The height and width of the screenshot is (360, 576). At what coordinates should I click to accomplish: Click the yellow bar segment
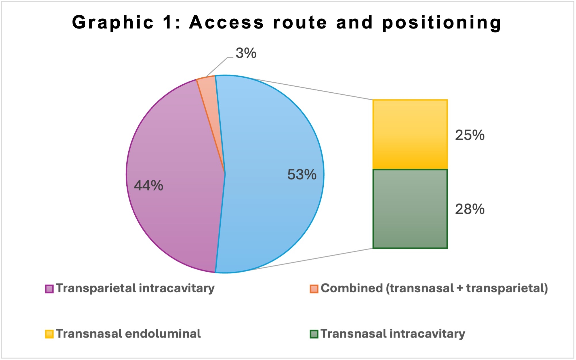[410, 134]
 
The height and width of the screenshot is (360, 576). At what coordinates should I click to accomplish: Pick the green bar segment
[410, 209]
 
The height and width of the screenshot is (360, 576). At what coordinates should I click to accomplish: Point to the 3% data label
[246, 53]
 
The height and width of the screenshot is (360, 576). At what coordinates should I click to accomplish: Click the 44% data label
[148, 185]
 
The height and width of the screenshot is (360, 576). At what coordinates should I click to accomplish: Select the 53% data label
[302, 174]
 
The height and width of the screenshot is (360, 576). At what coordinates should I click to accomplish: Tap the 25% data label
[470, 135]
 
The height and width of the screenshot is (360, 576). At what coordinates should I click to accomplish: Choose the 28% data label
[470, 209]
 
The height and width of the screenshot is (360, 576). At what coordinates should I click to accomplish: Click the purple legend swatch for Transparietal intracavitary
[49, 289]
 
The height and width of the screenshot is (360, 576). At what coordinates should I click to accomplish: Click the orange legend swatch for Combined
[314, 289]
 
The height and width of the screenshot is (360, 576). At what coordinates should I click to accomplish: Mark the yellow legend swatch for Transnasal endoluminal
[49, 334]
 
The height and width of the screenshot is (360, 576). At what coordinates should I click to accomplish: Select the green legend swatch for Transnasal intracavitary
[314, 334]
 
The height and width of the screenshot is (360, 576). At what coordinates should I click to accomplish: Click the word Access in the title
[226, 22]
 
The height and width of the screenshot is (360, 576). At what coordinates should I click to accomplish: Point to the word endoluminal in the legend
[163, 334]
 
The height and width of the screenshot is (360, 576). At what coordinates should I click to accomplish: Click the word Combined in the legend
[352, 288]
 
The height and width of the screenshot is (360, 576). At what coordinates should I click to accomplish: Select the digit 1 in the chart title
[167, 22]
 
